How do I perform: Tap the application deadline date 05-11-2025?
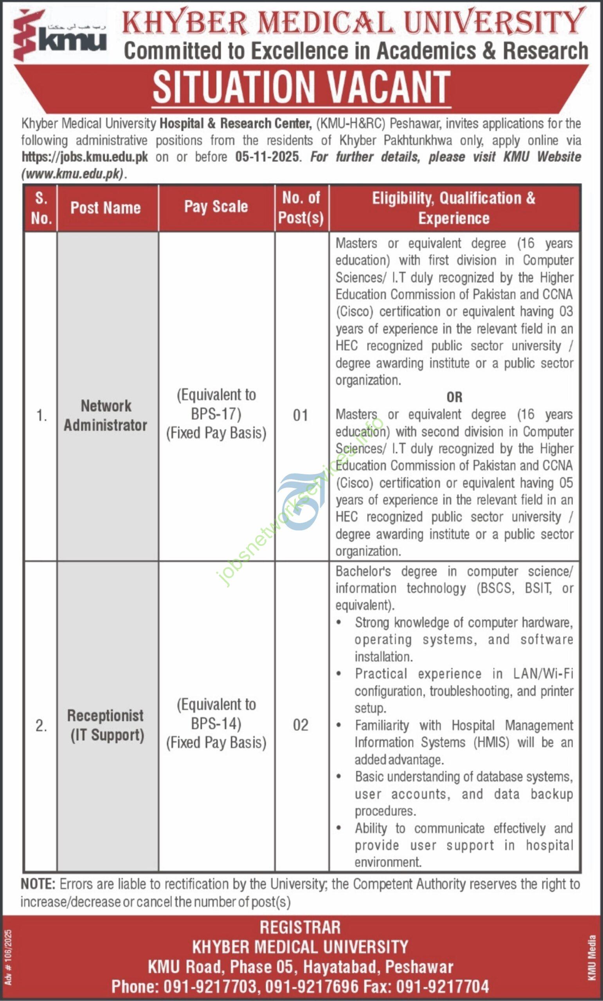coord(267,157)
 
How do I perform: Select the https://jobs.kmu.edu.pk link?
coord(85,157)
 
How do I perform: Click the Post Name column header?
coord(106,208)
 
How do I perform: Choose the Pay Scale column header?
coord(216,206)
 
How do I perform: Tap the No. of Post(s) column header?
coord(301,208)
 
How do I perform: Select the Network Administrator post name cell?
coord(106,415)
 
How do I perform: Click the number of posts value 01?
coord(301,415)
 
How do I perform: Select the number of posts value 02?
coord(301,725)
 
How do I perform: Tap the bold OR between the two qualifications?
coord(454,397)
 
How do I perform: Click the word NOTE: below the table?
coord(38,884)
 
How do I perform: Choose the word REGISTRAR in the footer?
coord(300,927)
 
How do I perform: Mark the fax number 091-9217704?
coord(443,987)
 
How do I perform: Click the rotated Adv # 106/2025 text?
coord(9,957)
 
